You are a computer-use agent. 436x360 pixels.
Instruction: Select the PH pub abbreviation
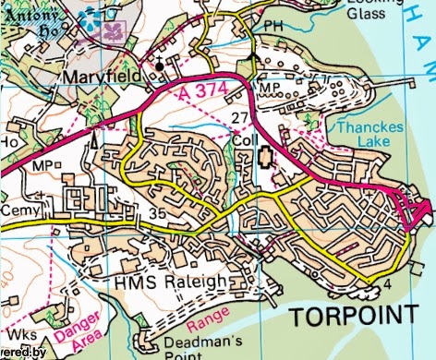(274, 27)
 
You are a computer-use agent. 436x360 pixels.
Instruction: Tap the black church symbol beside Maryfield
(160, 66)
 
